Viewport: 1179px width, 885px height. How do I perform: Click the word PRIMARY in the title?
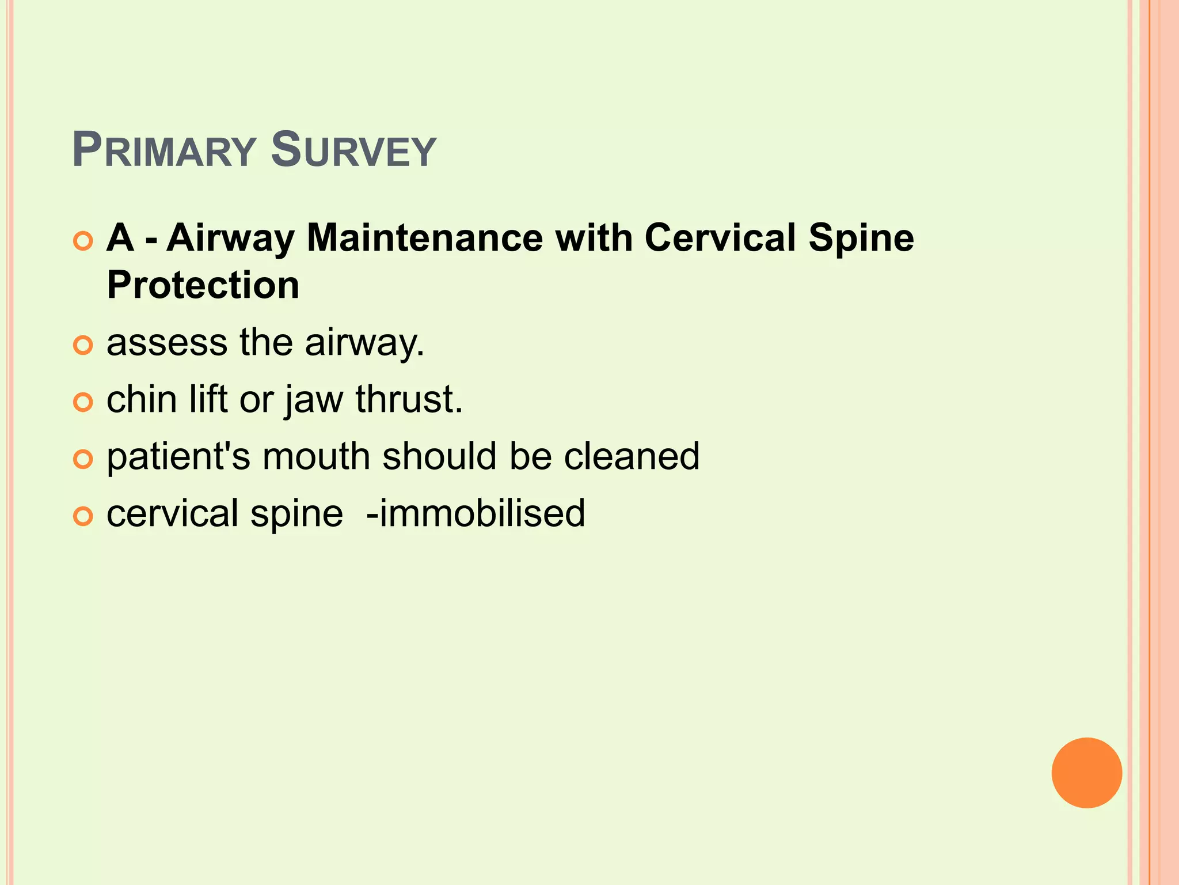coord(164,151)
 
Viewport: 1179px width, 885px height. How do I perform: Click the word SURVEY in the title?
coord(353,151)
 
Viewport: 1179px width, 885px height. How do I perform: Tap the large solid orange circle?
coord(1086,773)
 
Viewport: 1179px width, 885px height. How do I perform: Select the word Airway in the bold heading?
coord(230,239)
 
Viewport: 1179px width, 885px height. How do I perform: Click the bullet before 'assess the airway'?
coord(83,346)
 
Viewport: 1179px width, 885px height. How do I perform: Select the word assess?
coord(167,343)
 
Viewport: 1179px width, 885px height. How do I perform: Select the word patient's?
coord(178,457)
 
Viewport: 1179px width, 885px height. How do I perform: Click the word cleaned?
coord(632,456)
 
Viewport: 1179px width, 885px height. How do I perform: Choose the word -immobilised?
coord(476,513)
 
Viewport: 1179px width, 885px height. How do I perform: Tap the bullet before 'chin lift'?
coord(83,403)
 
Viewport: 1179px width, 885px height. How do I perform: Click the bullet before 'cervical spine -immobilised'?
coord(83,517)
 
